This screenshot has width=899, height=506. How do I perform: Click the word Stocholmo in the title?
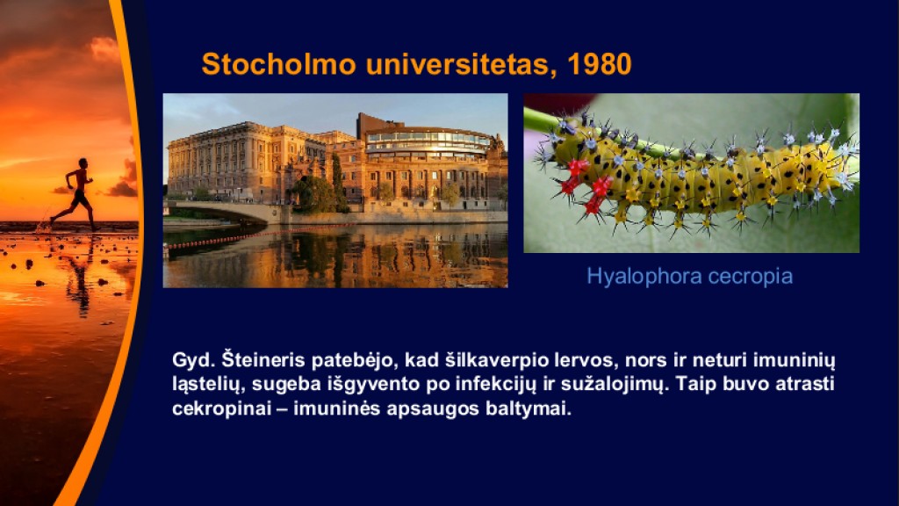point(279,63)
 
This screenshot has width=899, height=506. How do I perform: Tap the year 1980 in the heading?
point(599,63)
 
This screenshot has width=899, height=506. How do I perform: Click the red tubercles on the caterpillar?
point(586,184)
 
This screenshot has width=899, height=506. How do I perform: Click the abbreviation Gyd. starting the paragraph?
point(193,361)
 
